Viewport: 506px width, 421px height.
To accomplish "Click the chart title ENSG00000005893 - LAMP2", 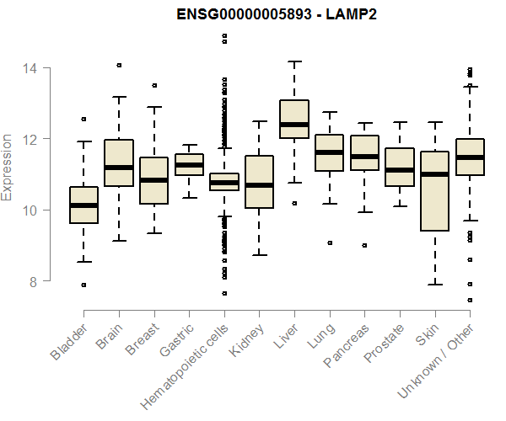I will [277, 15].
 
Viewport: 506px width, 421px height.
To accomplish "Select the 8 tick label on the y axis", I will [33, 281].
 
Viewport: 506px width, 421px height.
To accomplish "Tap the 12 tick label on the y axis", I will [33, 139].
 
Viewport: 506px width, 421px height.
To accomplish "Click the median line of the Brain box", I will [119, 168].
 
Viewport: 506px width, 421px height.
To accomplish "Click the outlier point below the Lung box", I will [330, 242].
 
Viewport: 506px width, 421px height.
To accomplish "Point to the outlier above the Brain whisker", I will [119, 65].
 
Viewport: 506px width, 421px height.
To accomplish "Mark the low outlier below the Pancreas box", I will [364, 245].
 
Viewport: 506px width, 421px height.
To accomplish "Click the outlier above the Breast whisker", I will [153, 85].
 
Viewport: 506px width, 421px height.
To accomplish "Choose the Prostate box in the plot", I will [400, 167].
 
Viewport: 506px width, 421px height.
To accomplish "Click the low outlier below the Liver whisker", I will [294, 203].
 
